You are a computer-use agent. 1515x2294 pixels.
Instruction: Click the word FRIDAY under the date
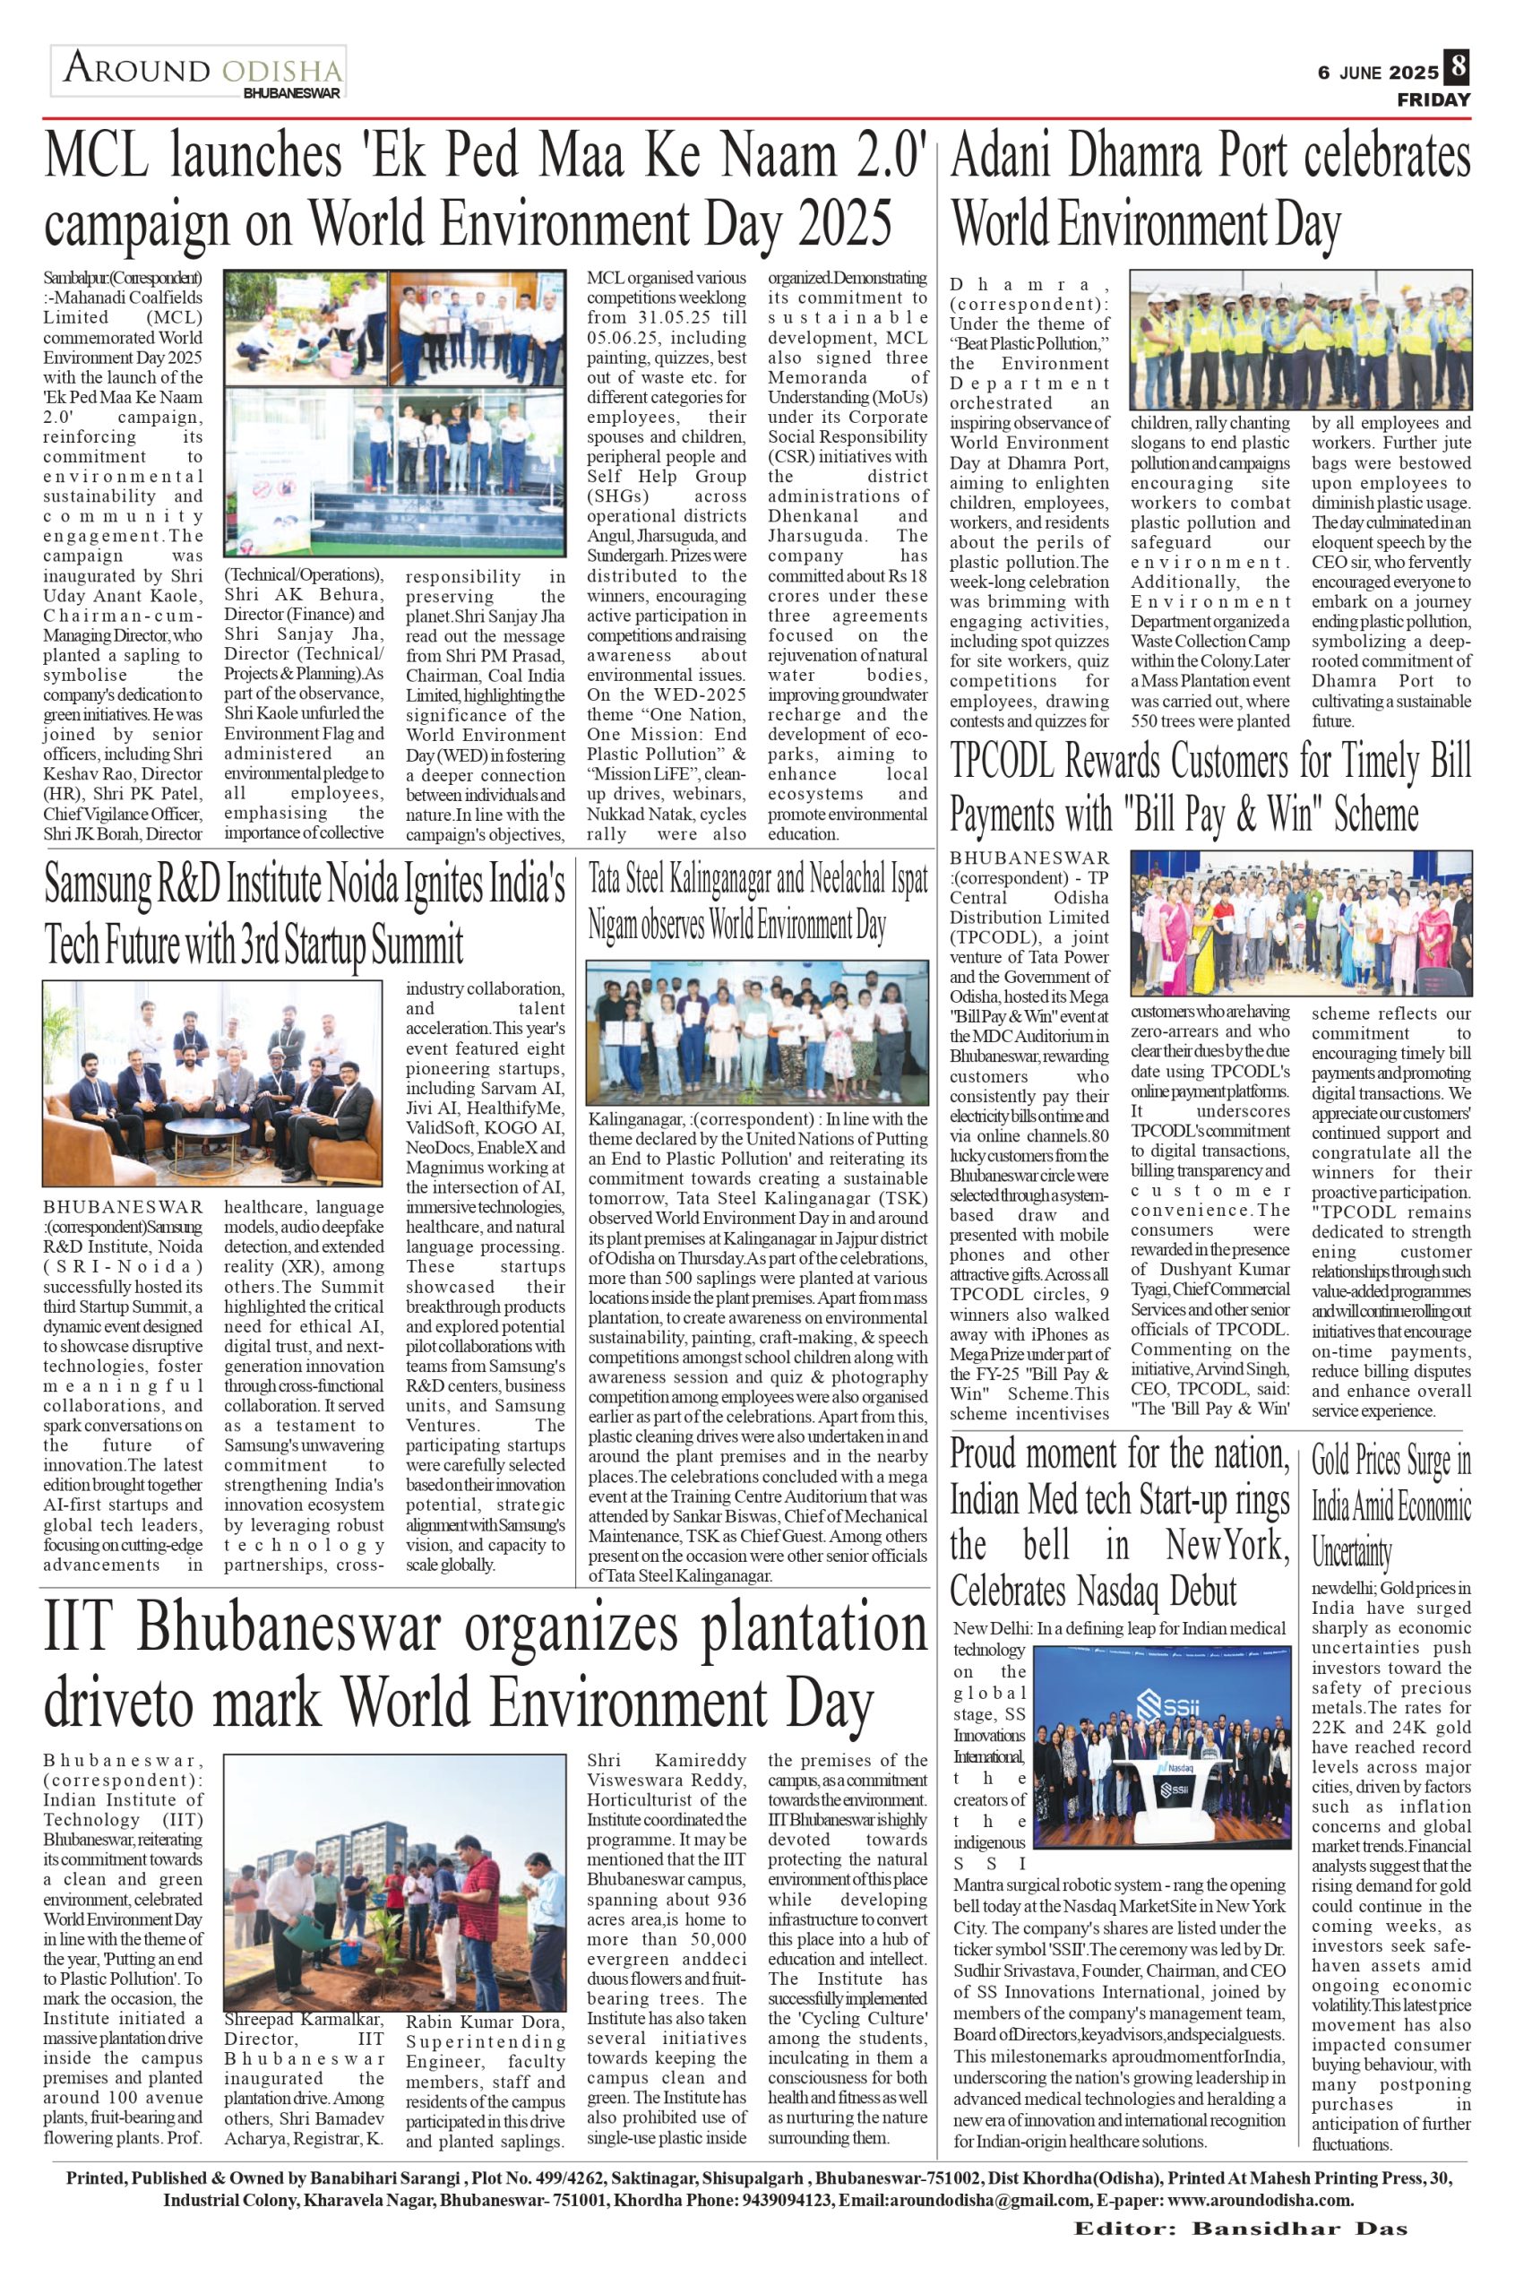point(1433,100)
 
